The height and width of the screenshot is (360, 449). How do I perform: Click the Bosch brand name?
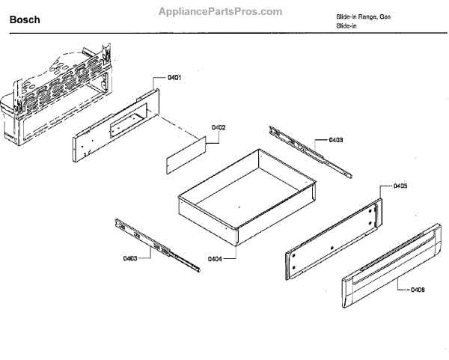(x=25, y=20)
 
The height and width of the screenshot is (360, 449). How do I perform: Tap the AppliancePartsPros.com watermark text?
(x=222, y=11)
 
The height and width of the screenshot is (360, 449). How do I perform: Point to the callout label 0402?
(x=219, y=127)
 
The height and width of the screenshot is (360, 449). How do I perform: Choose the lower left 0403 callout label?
(x=129, y=258)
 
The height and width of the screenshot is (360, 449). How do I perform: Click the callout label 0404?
(x=215, y=258)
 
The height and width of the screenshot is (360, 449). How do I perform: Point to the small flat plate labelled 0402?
(x=186, y=155)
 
